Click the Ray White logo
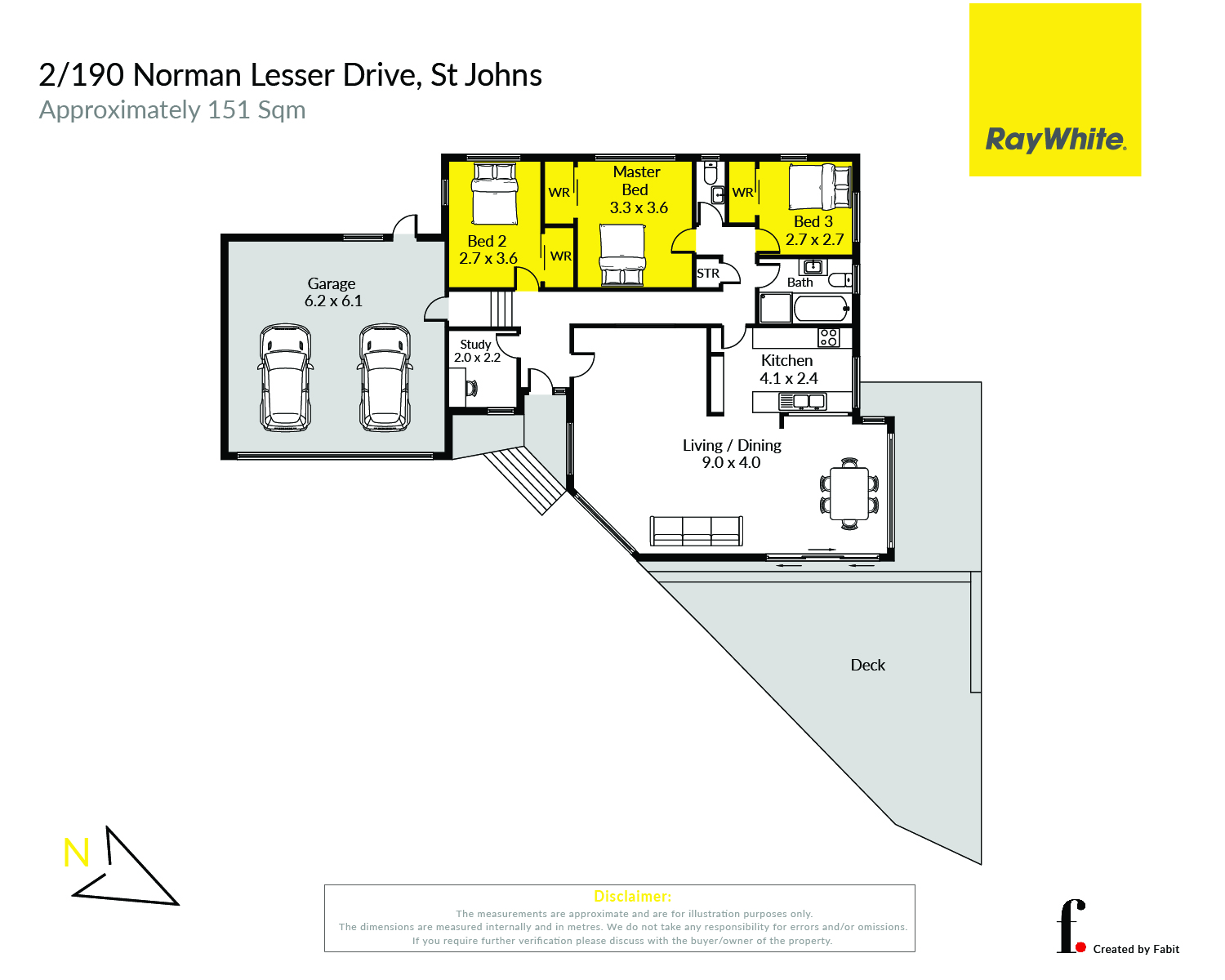(x=1054, y=90)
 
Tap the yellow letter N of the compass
(x=76, y=853)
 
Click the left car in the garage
(x=285, y=377)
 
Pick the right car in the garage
(x=385, y=377)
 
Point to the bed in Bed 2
(x=495, y=194)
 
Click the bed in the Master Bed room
(x=623, y=255)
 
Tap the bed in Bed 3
(x=820, y=187)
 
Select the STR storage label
(x=707, y=274)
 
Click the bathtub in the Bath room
(x=821, y=309)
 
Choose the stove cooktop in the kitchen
(x=828, y=337)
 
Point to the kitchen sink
(x=802, y=402)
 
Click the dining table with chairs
(x=849, y=494)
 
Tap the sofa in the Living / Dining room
(x=696, y=531)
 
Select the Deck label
(x=867, y=665)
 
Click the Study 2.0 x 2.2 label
(x=476, y=351)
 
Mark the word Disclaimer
(x=632, y=897)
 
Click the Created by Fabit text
(x=1136, y=949)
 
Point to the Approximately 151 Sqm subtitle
(x=172, y=110)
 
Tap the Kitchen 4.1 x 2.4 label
(x=788, y=369)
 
